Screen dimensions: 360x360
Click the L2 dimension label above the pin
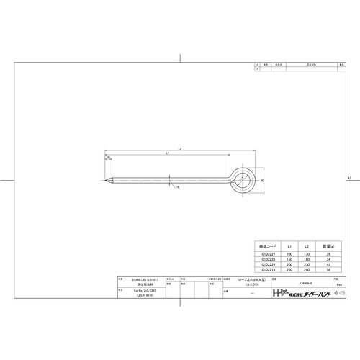click(179, 149)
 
